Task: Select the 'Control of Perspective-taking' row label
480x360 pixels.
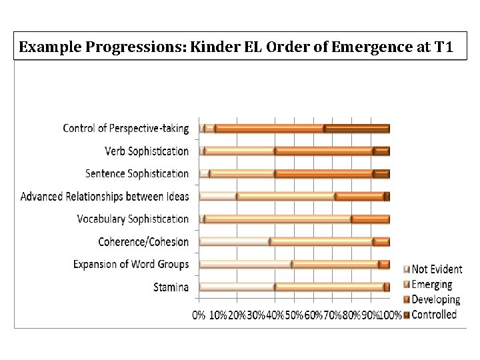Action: click(x=126, y=128)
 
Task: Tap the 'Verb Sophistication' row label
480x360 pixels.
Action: click(x=147, y=151)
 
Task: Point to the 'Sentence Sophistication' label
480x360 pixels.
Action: click(x=137, y=173)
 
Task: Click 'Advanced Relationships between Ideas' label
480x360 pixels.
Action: click(x=105, y=196)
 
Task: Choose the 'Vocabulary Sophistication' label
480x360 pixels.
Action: click(x=133, y=219)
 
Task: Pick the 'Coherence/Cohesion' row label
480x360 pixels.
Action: click(x=143, y=241)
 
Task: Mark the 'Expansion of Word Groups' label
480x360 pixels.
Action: click(x=131, y=264)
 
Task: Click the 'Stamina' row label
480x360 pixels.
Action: click(x=171, y=287)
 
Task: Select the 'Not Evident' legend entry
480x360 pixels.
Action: click(x=437, y=269)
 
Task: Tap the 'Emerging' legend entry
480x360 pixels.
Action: click(x=431, y=285)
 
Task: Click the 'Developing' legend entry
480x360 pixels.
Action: click(x=435, y=299)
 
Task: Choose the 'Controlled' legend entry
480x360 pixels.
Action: click(x=434, y=314)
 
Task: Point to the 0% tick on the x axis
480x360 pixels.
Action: click(x=199, y=314)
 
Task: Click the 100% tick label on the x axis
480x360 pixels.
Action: click(x=391, y=314)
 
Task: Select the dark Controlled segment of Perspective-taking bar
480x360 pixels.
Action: click(x=357, y=128)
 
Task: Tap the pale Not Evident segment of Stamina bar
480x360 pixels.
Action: click(x=237, y=287)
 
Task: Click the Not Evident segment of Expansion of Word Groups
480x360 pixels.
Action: click(x=245, y=264)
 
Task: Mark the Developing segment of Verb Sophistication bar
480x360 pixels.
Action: click(x=323, y=151)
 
